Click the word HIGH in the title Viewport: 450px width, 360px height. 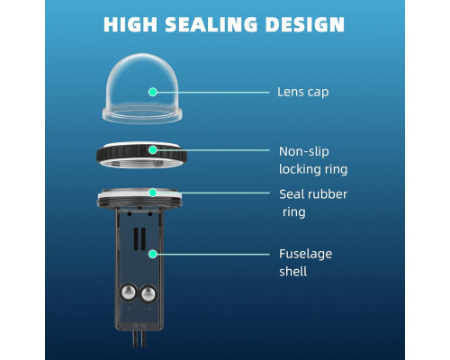pos(130,24)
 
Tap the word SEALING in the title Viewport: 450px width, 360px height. pos(211,24)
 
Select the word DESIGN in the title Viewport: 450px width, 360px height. pos(305,24)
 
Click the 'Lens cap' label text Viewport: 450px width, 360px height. pos(302,92)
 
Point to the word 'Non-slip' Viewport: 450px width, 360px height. pos(304,151)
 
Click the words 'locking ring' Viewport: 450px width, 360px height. pos(313,169)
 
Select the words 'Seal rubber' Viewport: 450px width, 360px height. pos(313,194)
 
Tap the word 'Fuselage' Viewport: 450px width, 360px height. pos(305,255)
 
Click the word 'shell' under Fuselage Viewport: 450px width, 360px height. pos(292,272)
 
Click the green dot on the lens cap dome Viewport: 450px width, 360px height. pos(153,92)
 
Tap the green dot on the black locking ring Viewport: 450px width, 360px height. pos(153,149)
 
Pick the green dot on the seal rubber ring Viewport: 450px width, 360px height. pos(153,193)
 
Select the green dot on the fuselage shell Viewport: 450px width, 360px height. pos(153,254)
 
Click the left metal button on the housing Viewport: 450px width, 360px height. pos(129,292)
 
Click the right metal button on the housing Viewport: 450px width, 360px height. pos(148,293)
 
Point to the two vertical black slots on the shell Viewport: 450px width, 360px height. pos(139,238)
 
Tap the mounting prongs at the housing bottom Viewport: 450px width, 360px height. pos(139,338)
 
